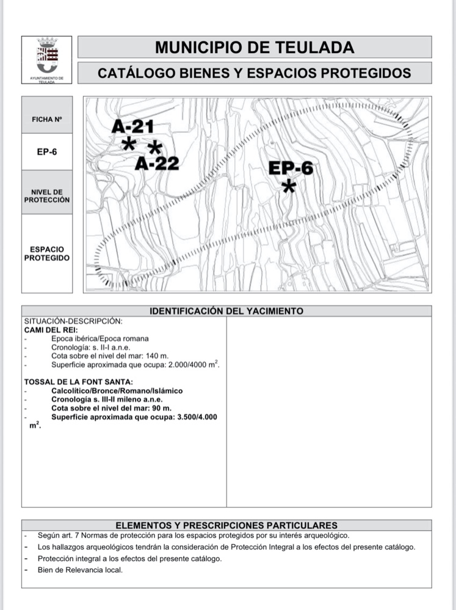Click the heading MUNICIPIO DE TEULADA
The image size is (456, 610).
254,47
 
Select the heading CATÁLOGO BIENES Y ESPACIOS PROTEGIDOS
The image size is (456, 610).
254,73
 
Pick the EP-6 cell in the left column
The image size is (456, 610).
47,151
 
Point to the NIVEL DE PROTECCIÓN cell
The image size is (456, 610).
47,196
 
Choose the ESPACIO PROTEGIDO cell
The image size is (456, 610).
47,253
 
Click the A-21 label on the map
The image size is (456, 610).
132,127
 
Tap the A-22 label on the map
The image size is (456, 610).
157,163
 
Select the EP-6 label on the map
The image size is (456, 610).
291,168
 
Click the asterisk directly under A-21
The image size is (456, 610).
129,145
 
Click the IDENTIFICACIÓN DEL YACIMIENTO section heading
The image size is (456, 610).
226,311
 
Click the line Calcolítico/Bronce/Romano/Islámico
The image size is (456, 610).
117,390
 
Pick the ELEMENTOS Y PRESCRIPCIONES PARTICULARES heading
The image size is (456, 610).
226,525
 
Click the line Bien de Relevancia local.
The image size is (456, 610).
80,570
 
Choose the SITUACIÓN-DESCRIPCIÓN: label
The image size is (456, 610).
73,321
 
